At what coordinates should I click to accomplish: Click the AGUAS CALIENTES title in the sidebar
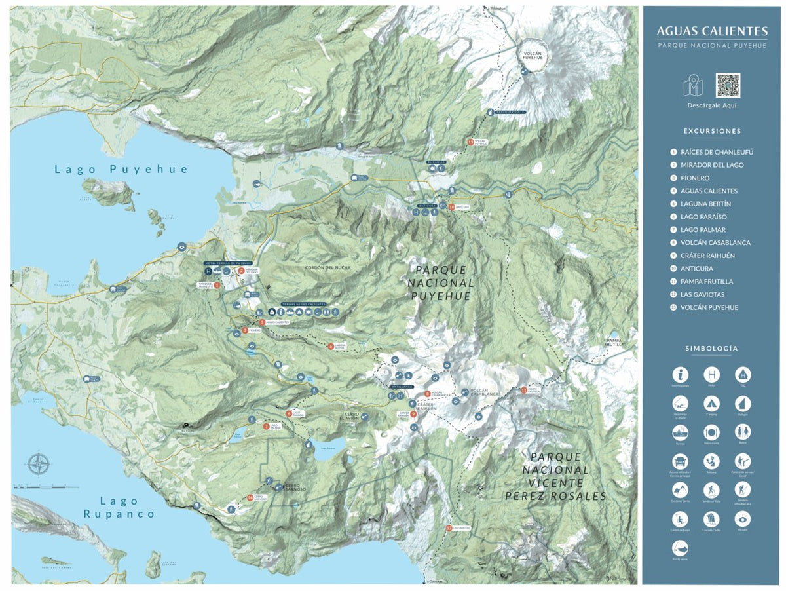pyautogui.click(x=712, y=31)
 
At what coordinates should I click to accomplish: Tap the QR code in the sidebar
pyautogui.click(x=727, y=85)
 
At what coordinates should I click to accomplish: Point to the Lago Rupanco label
pyautogui.click(x=119, y=507)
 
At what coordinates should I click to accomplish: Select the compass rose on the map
pyautogui.click(x=39, y=464)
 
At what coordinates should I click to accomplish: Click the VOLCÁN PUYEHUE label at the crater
pyautogui.click(x=532, y=55)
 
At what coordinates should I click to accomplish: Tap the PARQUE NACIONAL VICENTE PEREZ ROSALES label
pyautogui.click(x=555, y=476)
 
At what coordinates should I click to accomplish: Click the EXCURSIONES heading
pyautogui.click(x=712, y=131)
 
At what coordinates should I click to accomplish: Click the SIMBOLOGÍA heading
pyautogui.click(x=711, y=349)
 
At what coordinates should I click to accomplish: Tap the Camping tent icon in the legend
pyautogui.click(x=711, y=403)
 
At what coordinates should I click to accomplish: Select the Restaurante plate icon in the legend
pyautogui.click(x=711, y=432)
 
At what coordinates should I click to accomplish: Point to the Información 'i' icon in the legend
pyautogui.click(x=680, y=375)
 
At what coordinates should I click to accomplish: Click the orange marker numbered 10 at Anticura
pyautogui.click(x=452, y=207)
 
